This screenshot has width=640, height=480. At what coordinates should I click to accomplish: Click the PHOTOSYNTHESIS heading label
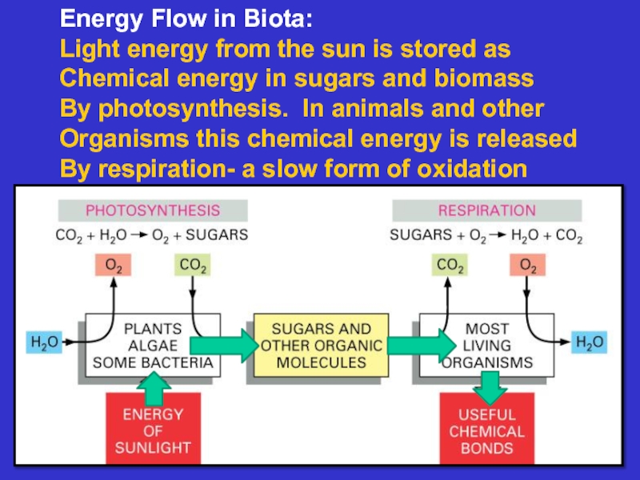(x=153, y=210)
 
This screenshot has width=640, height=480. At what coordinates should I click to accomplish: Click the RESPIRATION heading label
(x=486, y=210)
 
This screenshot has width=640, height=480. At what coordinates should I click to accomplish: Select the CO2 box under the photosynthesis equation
(x=193, y=265)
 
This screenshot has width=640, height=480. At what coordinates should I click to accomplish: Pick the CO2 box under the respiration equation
(x=450, y=265)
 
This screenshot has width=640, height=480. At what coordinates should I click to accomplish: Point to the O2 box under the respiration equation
(x=528, y=265)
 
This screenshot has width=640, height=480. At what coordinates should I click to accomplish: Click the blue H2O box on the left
(x=45, y=343)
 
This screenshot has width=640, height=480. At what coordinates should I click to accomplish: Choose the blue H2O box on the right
(x=590, y=343)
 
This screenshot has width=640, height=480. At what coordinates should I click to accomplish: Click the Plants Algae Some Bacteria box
(x=152, y=346)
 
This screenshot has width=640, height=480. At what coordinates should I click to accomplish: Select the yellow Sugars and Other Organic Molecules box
(x=322, y=346)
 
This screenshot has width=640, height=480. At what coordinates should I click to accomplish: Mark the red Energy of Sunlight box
(x=153, y=430)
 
